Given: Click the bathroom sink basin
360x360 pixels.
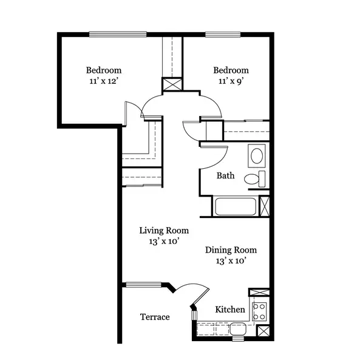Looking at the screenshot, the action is pos(257,155).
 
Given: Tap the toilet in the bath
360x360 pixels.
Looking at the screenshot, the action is pos(255,179).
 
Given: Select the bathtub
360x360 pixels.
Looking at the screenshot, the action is pos(236,206).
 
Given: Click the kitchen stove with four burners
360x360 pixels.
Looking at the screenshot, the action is pos(259,311).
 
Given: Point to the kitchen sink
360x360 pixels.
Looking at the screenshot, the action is pos(238,328).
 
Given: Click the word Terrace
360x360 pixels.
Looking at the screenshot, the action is pos(155,317).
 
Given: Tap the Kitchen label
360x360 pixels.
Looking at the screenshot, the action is pos(230,310).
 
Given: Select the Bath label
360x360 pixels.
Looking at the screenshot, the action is pos(225,175).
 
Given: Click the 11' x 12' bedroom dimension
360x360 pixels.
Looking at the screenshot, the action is pos(104,81).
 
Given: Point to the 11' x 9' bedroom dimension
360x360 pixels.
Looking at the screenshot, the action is pos(231,81).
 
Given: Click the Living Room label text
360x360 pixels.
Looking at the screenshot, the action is pos(164,231).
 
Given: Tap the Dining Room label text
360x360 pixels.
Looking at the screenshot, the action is pos(231,250).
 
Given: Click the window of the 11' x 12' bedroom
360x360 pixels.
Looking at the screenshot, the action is pos(118,34).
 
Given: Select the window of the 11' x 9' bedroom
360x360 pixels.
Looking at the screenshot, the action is pos(223,34).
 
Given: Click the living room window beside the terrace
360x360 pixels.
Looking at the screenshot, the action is pos(144,285).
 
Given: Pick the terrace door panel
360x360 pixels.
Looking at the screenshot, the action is pos(200,297).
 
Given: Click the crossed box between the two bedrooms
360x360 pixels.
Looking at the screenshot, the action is pos(172,84).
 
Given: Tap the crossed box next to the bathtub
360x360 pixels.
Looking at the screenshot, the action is pos(264,206).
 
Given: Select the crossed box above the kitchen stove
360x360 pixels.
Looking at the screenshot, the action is pos(259,292).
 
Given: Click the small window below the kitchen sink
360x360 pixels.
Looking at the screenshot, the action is pos(238,339).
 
